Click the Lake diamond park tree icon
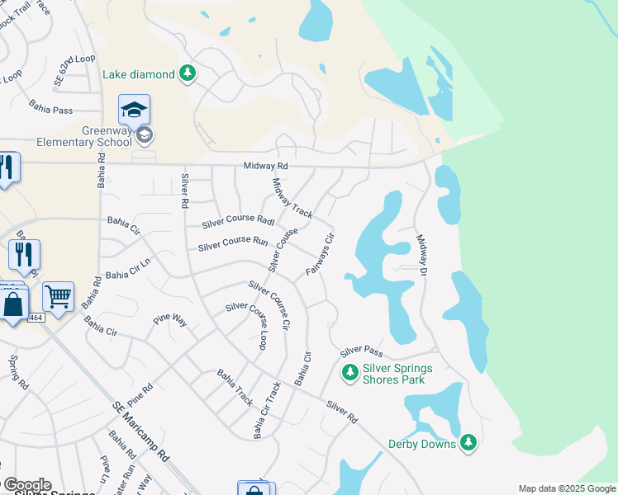(x=188, y=74)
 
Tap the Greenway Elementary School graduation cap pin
(x=134, y=110)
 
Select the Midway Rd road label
(x=266, y=166)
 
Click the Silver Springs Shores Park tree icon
(x=350, y=374)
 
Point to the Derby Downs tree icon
(x=468, y=444)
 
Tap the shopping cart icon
(x=58, y=296)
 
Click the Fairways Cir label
(x=320, y=255)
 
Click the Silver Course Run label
(x=233, y=243)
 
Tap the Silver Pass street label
(x=361, y=351)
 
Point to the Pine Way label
(x=170, y=321)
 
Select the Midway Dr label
(x=421, y=255)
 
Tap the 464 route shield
(x=36, y=317)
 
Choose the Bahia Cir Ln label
(x=128, y=274)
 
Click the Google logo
(x=26, y=485)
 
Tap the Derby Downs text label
(x=422, y=444)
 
